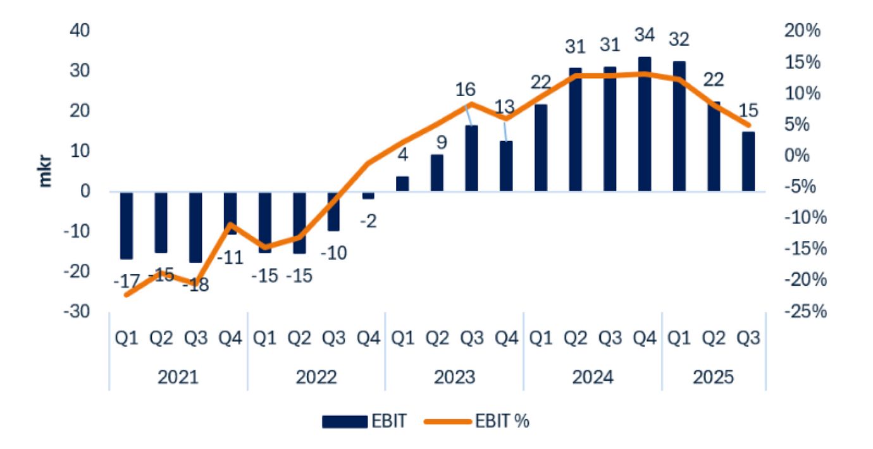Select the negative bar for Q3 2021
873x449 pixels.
195,227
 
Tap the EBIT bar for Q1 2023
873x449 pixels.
403,183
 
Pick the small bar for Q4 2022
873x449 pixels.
368,195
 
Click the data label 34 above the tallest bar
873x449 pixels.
644,35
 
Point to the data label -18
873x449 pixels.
195,285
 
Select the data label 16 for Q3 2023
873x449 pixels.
465,89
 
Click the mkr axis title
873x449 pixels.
45,171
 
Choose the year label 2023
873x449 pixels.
454,378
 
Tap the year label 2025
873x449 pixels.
713,378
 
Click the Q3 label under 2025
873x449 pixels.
748,339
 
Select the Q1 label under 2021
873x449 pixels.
127,339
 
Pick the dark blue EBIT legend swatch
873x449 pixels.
345,421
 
